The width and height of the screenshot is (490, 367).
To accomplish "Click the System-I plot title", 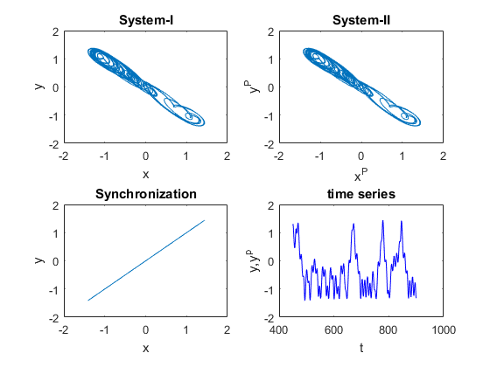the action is click(x=146, y=20).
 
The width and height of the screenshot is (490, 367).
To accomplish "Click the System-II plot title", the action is click(x=361, y=20).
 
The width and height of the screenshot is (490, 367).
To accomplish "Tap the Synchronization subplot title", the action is click(x=146, y=194).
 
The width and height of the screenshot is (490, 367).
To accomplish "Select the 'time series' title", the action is click(x=361, y=194).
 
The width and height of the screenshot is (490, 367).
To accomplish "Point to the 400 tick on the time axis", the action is click(x=278, y=329).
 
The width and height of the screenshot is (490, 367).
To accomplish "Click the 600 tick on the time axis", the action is click(x=333, y=329).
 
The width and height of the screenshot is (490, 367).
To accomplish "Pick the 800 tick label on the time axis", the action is click(x=388, y=329).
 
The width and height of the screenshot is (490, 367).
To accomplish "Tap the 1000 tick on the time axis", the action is click(x=444, y=329).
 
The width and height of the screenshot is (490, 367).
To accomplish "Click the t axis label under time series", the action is click(x=361, y=348).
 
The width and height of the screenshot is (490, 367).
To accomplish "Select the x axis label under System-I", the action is click(x=145, y=175).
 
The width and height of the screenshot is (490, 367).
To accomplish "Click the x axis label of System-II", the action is click(x=360, y=175).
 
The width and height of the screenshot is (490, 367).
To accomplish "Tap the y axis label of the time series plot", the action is click(x=255, y=261).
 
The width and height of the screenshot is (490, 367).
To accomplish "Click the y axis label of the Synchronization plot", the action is click(x=39, y=260).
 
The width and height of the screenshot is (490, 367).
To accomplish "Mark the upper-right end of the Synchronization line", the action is click(x=205, y=220).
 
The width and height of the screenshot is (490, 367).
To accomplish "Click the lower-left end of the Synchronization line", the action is click(x=88, y=301).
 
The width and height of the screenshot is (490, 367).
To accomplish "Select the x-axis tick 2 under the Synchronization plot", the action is click(x=227, y=329).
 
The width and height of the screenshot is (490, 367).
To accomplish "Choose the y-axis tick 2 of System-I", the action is click(x=56, y=31).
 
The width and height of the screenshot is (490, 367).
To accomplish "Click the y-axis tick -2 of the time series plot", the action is click(x=269, y=318).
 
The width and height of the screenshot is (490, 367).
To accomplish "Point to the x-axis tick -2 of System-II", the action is click(x=278, y=156).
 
